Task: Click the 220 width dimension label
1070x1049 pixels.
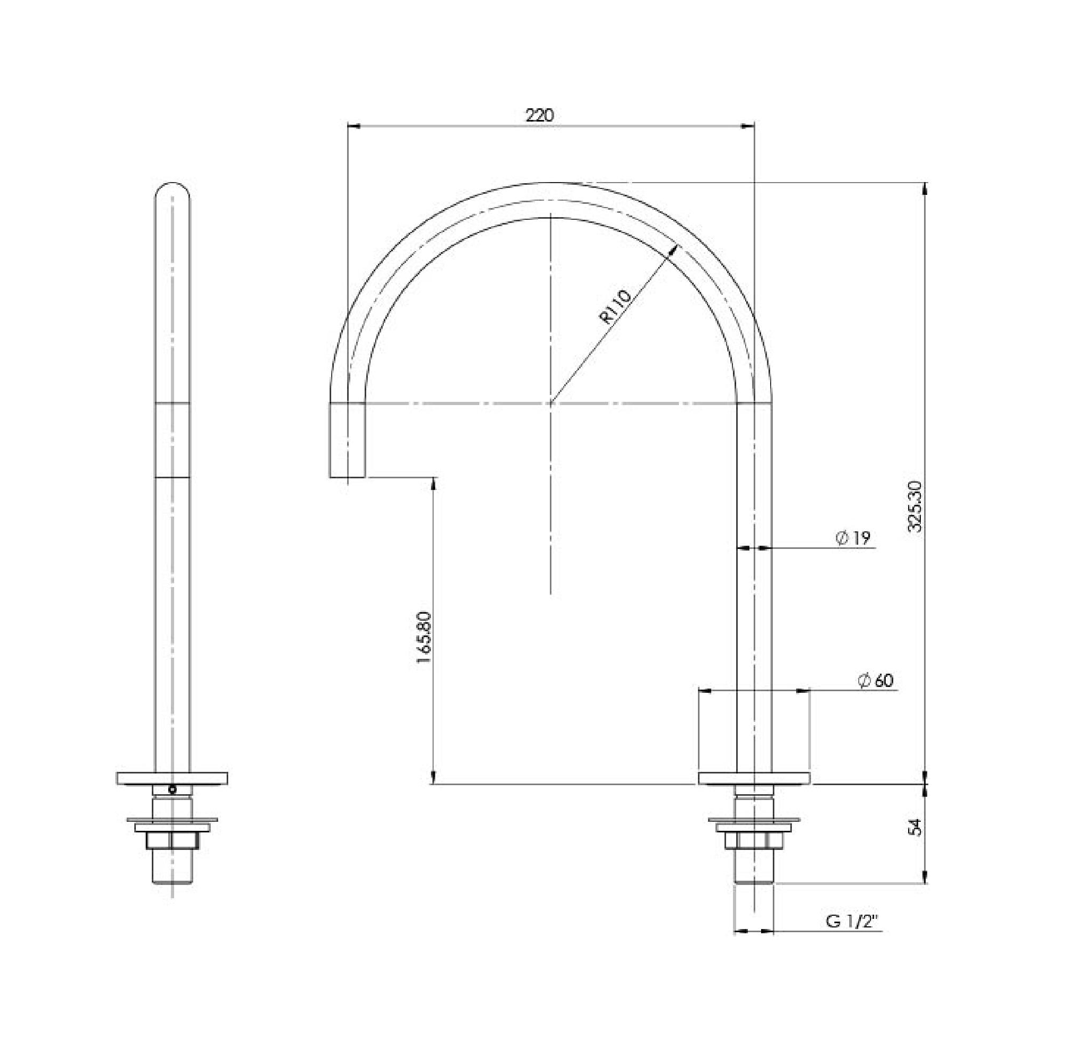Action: (540, 115)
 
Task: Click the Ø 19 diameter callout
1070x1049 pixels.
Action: (853, 538)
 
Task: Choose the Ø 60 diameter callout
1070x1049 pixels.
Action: (875, 681)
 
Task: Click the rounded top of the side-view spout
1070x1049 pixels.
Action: (172, 190)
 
